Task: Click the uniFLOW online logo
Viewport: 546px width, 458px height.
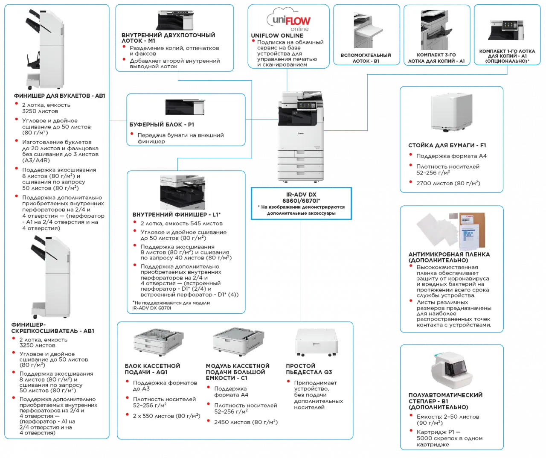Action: (x=289, y=20)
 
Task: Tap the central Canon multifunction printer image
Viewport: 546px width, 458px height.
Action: (x=300, y=135)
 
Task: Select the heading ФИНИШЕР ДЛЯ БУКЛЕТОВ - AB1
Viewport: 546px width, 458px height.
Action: (x=59, y=96)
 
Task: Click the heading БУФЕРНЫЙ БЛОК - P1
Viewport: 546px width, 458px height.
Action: (x=162, y=125)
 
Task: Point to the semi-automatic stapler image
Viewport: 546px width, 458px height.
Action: (x=452, y=369)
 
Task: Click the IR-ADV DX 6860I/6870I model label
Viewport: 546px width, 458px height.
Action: (x=301, y=198)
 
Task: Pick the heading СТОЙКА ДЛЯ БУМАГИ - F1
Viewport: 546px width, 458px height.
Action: (x=447, y=145)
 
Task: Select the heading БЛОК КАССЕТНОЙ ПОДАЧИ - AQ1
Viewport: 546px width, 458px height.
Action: (x=152, y=369)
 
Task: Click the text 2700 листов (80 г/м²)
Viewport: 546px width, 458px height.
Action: (x=448, y=183)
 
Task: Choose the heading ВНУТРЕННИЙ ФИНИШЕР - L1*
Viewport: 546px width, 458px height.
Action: (x=177, y=215)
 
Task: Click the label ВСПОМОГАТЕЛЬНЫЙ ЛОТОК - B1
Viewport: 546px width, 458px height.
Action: (x=366, y=58)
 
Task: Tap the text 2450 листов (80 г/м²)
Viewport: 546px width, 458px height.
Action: (x=246, y=422)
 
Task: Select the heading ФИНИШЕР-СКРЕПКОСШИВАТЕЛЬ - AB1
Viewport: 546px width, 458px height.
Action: (x=53, y=328)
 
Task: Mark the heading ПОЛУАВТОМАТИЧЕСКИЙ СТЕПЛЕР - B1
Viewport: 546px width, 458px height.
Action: (x=445, y=401)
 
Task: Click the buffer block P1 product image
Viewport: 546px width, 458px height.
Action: (x=185, y=108)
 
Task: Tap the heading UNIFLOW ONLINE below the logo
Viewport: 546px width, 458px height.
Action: (x=277, y=35)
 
